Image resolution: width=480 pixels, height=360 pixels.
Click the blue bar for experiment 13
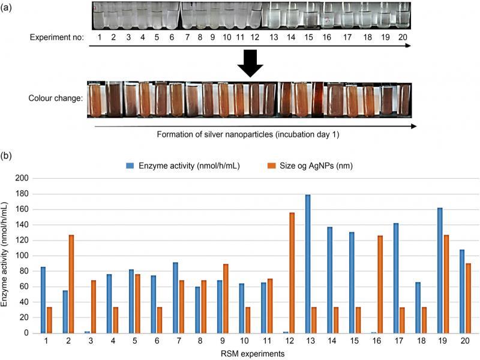307,263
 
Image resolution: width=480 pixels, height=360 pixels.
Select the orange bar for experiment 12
292,272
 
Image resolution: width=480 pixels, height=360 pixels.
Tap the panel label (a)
7,8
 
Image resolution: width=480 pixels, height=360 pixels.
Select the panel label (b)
7,155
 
